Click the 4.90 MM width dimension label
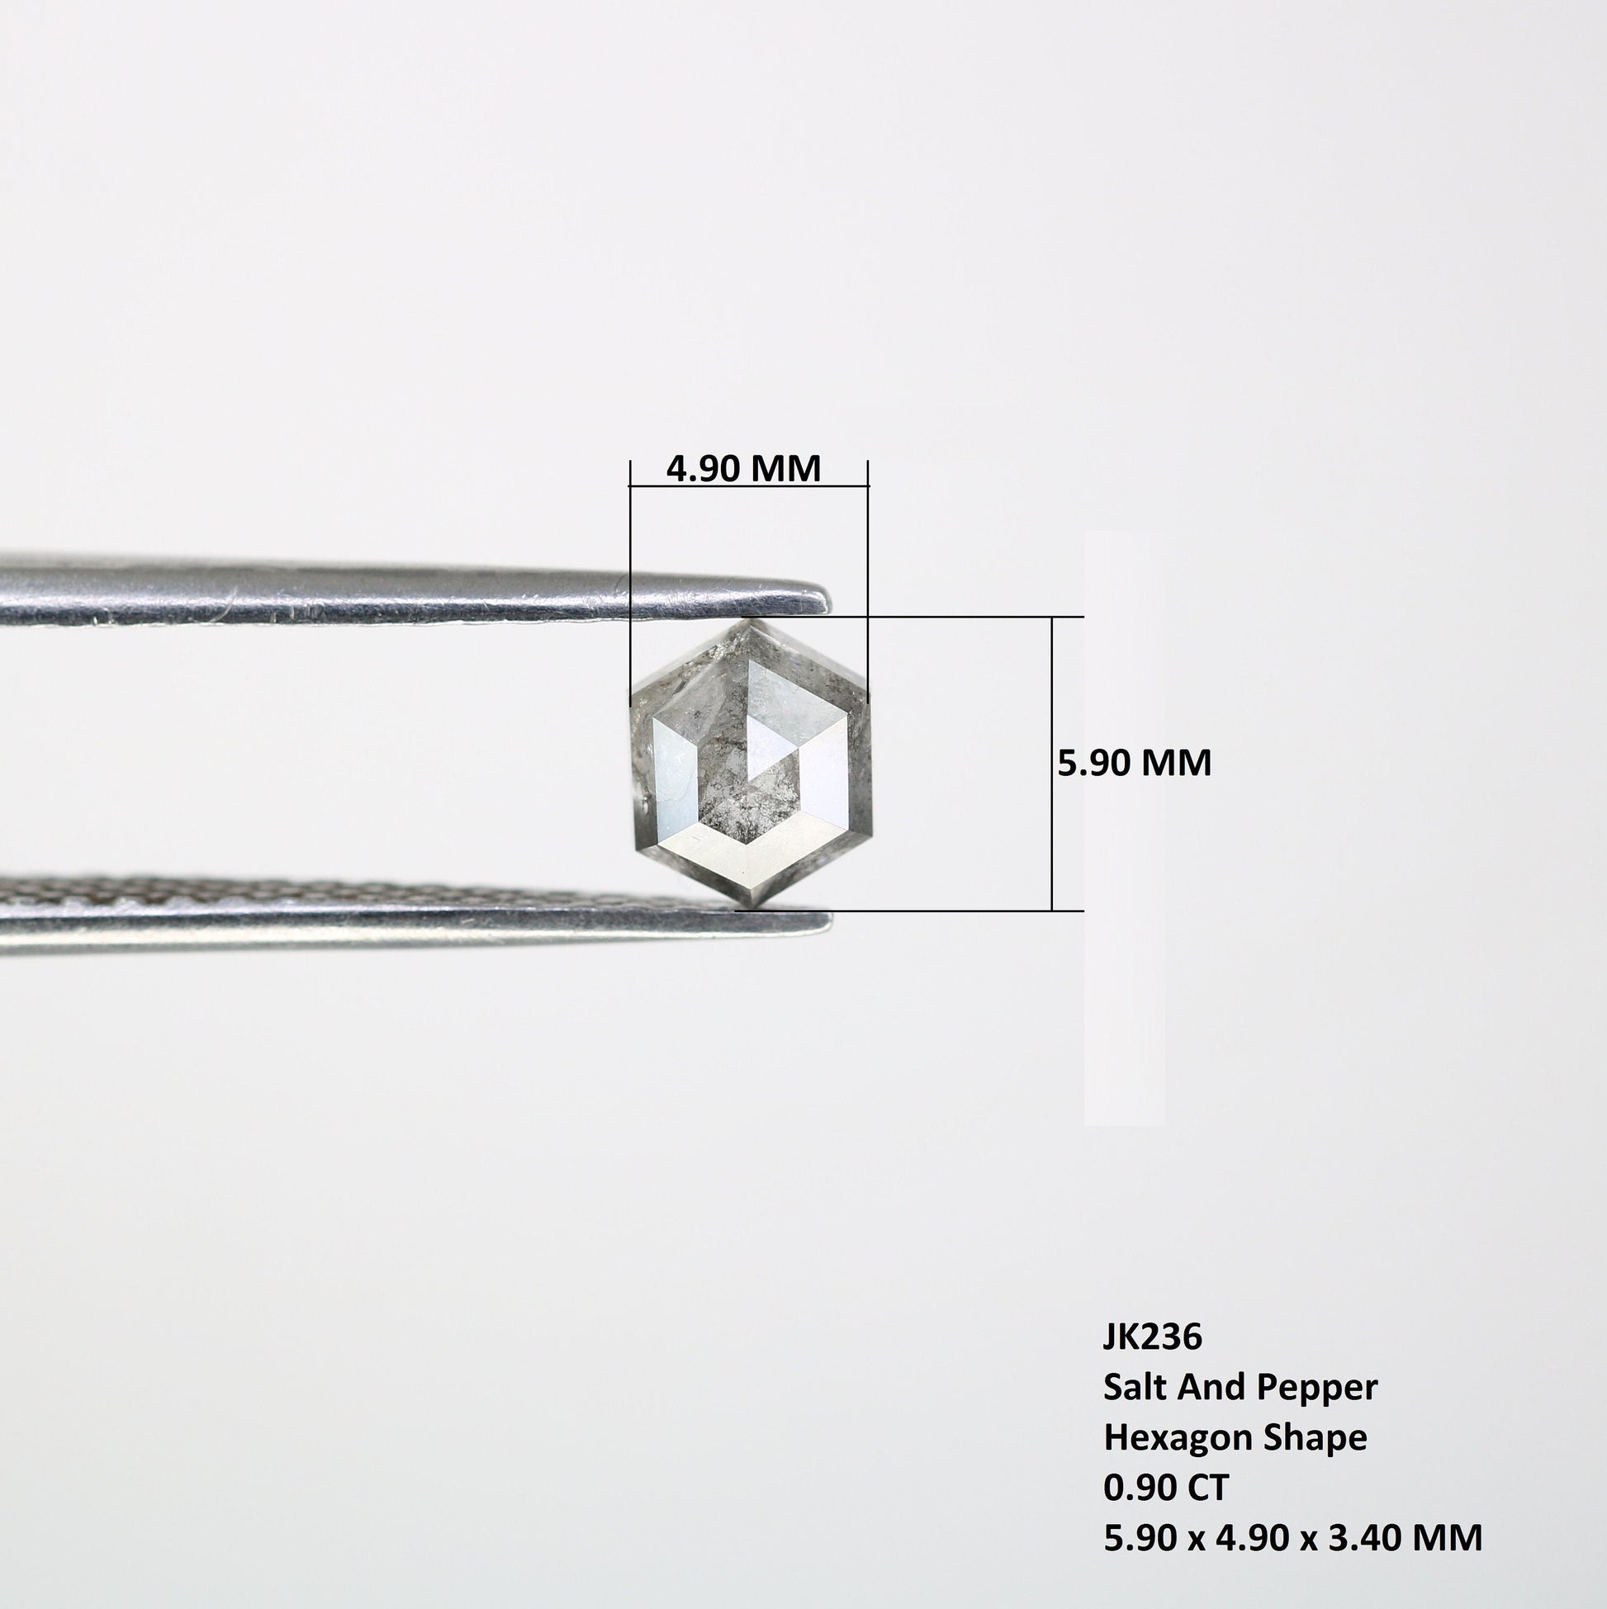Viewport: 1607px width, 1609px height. [x=743, y=469]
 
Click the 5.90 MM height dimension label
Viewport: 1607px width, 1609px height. [x=1134, y=763]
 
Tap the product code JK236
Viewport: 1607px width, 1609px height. [x=1152, y=1337]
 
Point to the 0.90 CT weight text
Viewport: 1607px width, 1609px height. [x=1165, y=1488]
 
